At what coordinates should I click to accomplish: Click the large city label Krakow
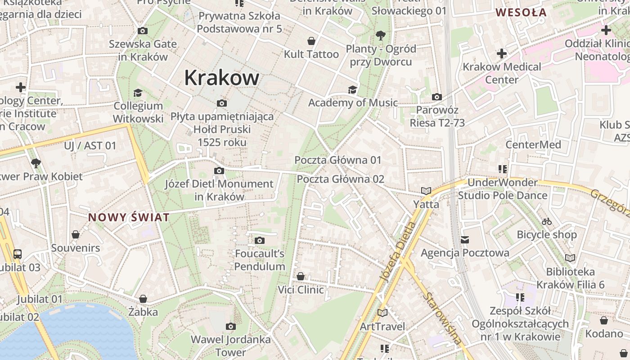(222, 78)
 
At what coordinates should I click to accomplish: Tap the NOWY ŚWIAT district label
(129, 218)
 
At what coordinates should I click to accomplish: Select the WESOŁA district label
(521, 13)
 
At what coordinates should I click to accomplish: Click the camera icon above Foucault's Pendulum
(260, 241)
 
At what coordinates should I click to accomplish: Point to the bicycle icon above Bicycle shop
(547, 221)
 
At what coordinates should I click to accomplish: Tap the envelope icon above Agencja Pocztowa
(465, 240)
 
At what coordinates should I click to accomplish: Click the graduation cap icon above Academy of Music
(352, 90)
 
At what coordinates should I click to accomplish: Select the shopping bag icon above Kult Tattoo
(311, 41)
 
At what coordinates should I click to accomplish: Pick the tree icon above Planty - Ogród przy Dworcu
(381, 35)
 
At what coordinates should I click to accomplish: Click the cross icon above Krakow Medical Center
(502, 54)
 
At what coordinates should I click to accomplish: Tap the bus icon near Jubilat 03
(18, 254)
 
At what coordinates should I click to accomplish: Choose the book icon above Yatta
(426, 191)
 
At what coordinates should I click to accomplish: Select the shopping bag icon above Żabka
(143, 299)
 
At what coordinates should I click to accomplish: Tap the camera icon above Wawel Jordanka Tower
(231, 326)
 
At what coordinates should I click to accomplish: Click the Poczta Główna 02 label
(341, 179)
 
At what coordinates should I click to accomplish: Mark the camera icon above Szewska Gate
(143, 31)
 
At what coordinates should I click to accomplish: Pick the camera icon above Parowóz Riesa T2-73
(436, 97)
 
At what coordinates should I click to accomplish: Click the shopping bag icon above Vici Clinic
(301, 276)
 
